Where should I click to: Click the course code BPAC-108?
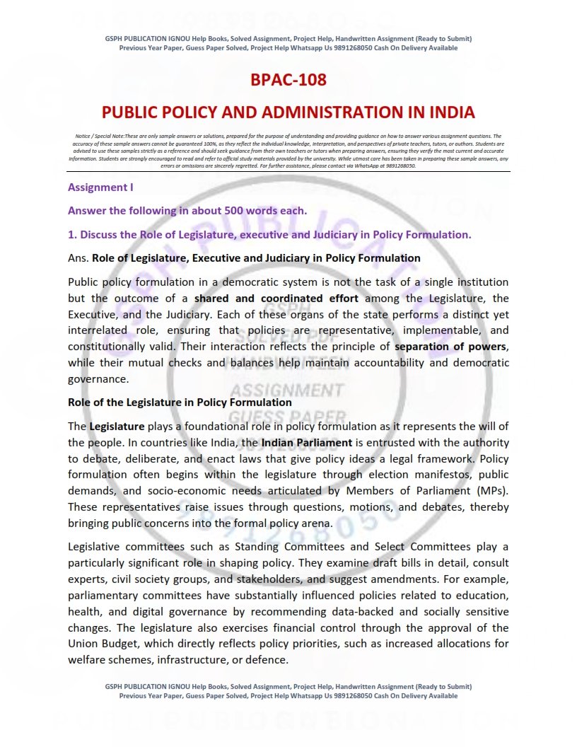[x=288, y=80]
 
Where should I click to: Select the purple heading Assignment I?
[x=100, y=187]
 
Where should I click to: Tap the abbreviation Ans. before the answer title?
[x=78, y=258]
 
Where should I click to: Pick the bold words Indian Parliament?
[x=307, y=442]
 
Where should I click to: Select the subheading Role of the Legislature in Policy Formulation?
[x=180, y=403]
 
